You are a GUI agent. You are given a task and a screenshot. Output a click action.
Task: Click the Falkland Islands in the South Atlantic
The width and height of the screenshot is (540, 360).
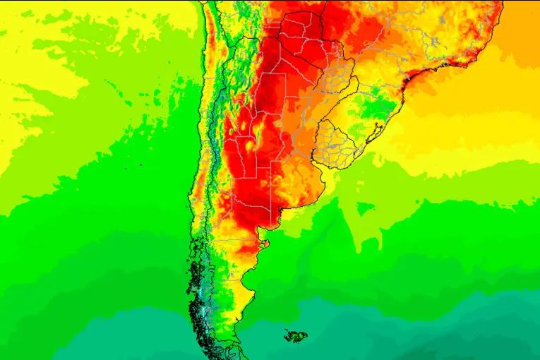[x=296, y=335]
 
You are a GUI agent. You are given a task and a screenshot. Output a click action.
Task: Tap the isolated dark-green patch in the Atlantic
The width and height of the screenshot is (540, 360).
[x=364, y=208]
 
